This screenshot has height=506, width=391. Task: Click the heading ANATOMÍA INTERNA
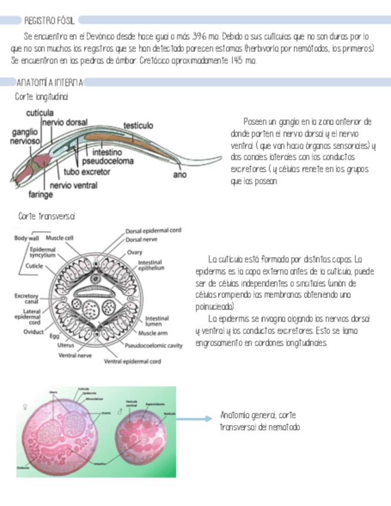coord(49,82)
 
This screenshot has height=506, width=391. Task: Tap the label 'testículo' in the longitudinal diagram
coord(138,126)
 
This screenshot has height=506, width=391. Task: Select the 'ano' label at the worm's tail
coord(179,175)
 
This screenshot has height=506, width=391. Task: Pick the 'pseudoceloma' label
coord(107,161)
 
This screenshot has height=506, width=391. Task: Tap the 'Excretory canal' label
coord(26,299)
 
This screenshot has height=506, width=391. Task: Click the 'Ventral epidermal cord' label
coord(132,361)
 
